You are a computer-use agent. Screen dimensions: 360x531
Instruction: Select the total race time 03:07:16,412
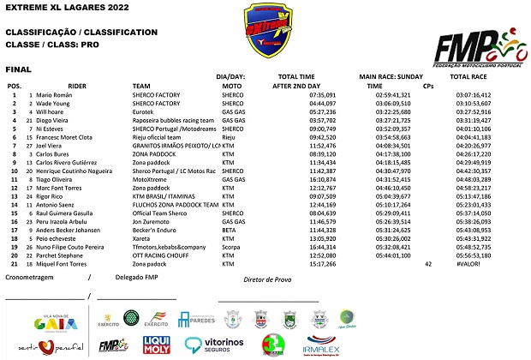474,95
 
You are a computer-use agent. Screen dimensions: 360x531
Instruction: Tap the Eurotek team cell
145,111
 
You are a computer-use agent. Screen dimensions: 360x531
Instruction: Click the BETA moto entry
229,230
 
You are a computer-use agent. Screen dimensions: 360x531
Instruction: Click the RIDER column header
77,87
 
